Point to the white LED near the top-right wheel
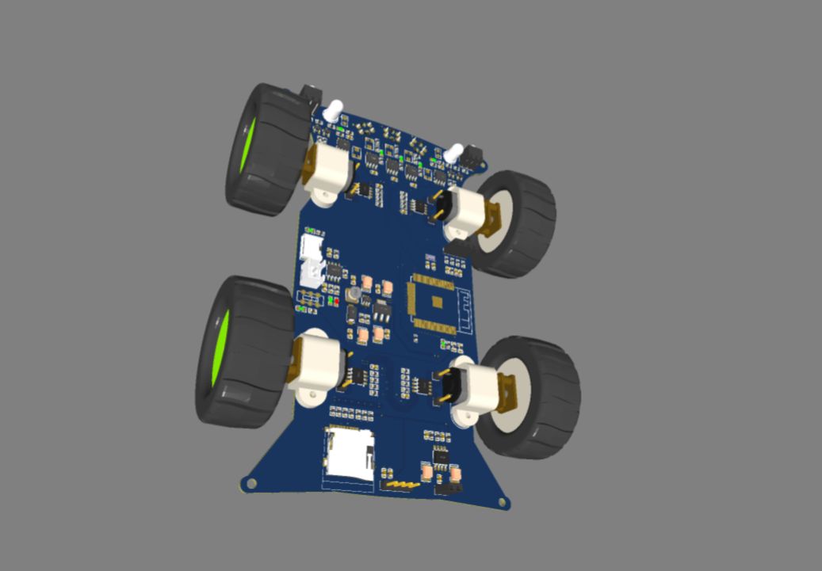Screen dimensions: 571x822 [454, 153]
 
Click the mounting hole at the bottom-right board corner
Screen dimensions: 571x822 [503, 501]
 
